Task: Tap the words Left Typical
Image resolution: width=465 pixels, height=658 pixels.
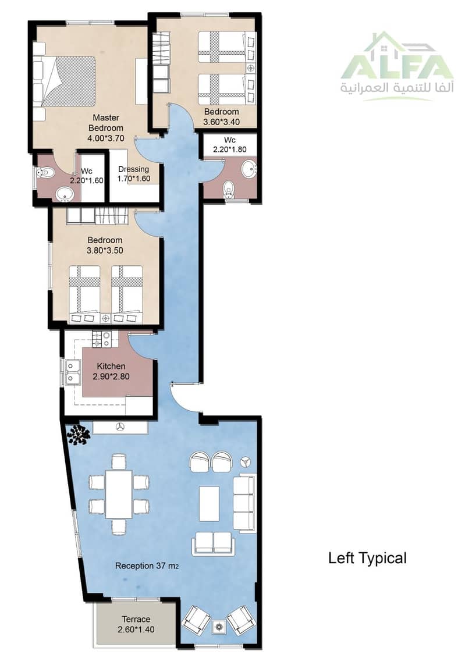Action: pyautogui.click(x=367, y=558)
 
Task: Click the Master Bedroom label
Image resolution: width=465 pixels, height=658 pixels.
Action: pyautogui.click(x=106, y=123)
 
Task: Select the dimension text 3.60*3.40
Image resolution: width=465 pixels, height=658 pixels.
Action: pyautogui.click(x=222, y=122)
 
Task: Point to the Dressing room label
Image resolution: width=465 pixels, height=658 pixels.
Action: pyautogui.click(x=133, y=169)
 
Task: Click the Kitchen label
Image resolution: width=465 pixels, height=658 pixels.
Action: pyautogui.click(x=111, y=367)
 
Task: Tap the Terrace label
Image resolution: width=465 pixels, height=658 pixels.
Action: pyautogui.click(x=136, y=619)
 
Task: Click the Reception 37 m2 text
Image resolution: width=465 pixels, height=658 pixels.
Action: pyautogui.click(x=147, y=565)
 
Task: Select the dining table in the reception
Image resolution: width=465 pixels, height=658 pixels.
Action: pyautogui.click(x=119, y=495)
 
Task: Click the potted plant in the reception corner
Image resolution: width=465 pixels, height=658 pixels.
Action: pyautogui.click(x=78, y=435)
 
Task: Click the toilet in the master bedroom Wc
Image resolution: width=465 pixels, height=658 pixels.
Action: pyautogui.click(x=44, y=172)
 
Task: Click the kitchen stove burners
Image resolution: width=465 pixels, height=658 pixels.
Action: pyautogui.click(x=102, y=339)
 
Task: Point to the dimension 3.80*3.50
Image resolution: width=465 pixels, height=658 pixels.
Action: pyautogui.click(x=105, y=251)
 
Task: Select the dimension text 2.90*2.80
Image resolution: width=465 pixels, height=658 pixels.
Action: pyautogui.click(x=111, y=376)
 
